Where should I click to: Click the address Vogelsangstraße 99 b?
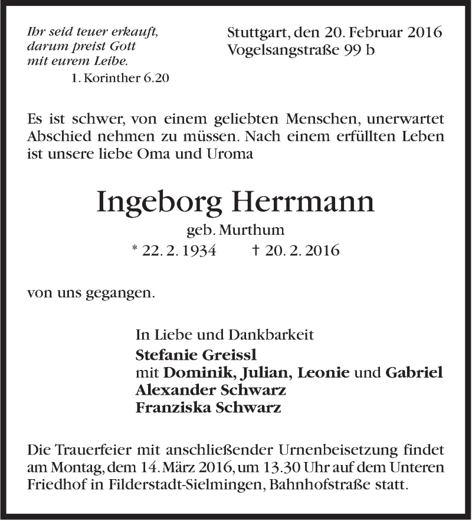point(301,51)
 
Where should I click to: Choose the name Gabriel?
point(414,373)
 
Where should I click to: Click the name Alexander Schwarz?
point(211,390)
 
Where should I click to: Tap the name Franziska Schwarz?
point(208,408)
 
